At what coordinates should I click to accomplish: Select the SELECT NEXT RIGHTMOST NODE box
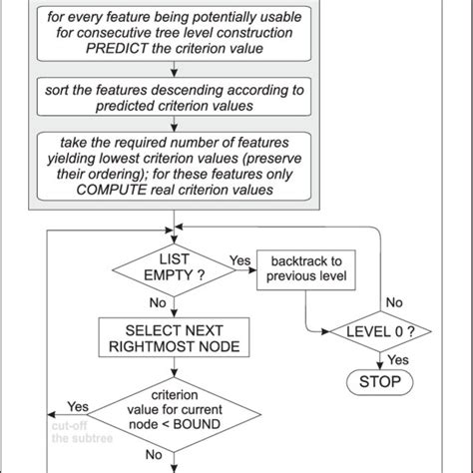(175, 336)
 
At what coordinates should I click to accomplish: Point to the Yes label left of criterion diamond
(77, 407)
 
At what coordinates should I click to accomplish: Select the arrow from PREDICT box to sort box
(175, 72)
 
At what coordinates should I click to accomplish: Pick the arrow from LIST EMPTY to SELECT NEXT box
(175, 308)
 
